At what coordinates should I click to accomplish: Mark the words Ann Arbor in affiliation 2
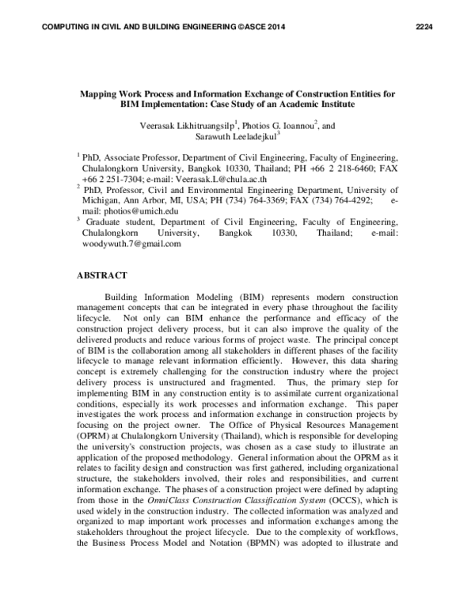click(x=143, y=200)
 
